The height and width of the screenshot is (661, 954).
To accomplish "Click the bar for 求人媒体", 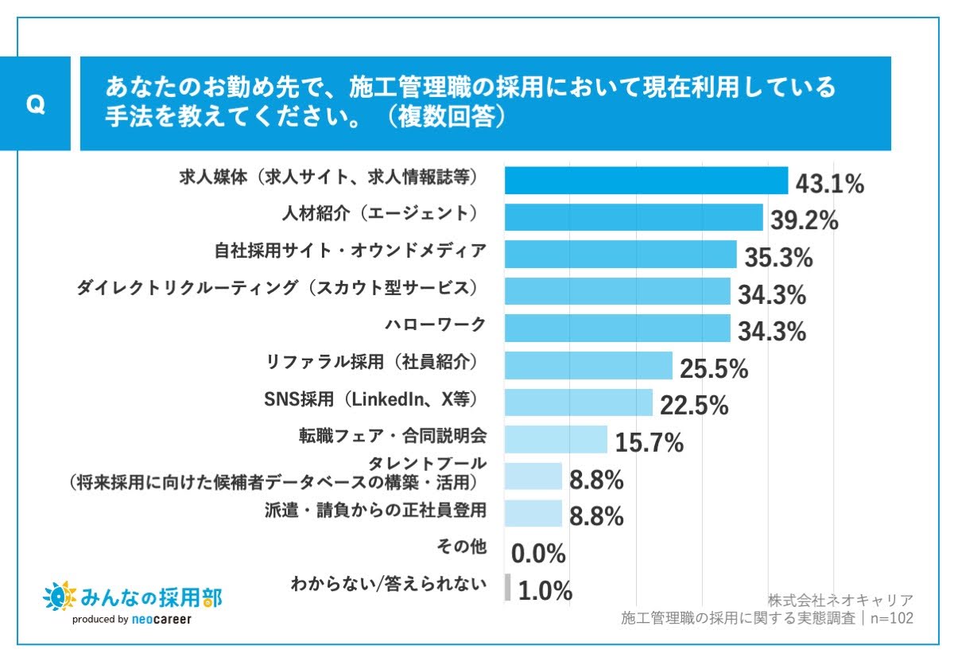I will pyautogui.click(x=646, y=181).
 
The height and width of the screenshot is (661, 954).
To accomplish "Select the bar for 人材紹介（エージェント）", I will pyautogui.click(x=634, y=217).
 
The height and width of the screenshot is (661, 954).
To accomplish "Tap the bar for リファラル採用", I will pyautogui.click(x=588, y=365).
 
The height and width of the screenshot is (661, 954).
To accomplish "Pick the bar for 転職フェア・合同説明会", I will pyautogui.click(x=556, y=439).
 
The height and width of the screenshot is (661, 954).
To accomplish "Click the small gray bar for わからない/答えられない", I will pyautogui.click(x=507, y=588).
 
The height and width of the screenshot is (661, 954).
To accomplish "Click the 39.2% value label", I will pyautogui.click(x=804, y=221).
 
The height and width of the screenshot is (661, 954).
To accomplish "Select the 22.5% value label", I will pyautogui.click(x=694, y=406).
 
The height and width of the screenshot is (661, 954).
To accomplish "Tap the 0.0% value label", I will pyautogui.click(x=538, y=554).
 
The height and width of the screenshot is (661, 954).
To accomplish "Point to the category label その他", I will pyautogui.click(x=461, y=547).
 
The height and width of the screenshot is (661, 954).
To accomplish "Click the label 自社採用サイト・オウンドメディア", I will pyautogui.click(x=351, y=251).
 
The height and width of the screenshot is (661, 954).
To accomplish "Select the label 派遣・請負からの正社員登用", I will pyautogui.click(x=374, y=510).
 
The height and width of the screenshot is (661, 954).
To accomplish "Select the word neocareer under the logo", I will pyautogui.click(x=161, y=619).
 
